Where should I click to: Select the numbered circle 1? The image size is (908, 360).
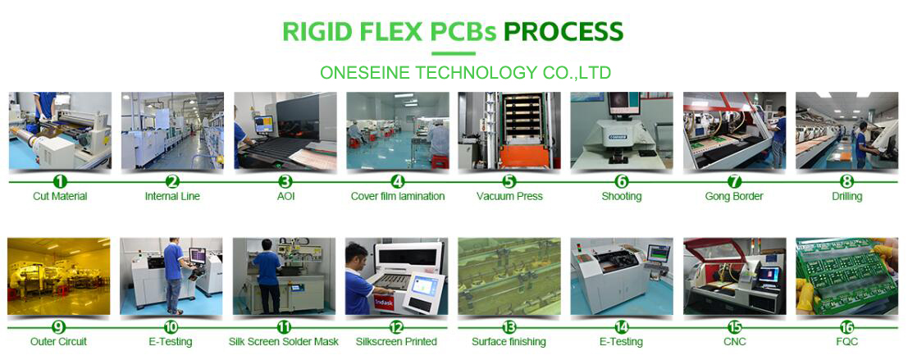[x=60, y=182]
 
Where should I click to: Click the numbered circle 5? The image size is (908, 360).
[x=509, y=182]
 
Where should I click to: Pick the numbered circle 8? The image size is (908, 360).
[x=846, y=182]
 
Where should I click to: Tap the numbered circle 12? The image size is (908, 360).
[x=396, y=327]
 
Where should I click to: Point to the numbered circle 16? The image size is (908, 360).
[x=846, y=327]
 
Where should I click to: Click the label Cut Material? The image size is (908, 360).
[x=60, y=196]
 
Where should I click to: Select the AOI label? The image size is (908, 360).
[x=285, y=196]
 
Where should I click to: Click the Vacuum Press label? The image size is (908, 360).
[x=509, y=196]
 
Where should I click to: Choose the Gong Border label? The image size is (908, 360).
[x=733, y=196]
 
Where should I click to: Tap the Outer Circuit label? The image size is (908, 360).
[x=58, y=341]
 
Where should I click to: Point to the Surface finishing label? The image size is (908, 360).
[x=509, y=342]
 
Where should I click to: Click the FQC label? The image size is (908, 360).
[x=846, y=341]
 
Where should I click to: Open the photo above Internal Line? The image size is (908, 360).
[x=172, y=131]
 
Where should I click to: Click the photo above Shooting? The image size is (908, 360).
[x=622, y=131]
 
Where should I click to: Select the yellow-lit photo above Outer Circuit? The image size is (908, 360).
[x=58, y=276]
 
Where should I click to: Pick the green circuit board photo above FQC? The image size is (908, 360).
[x=846, y=276]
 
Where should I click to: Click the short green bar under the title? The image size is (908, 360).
[x=454, y=54]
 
